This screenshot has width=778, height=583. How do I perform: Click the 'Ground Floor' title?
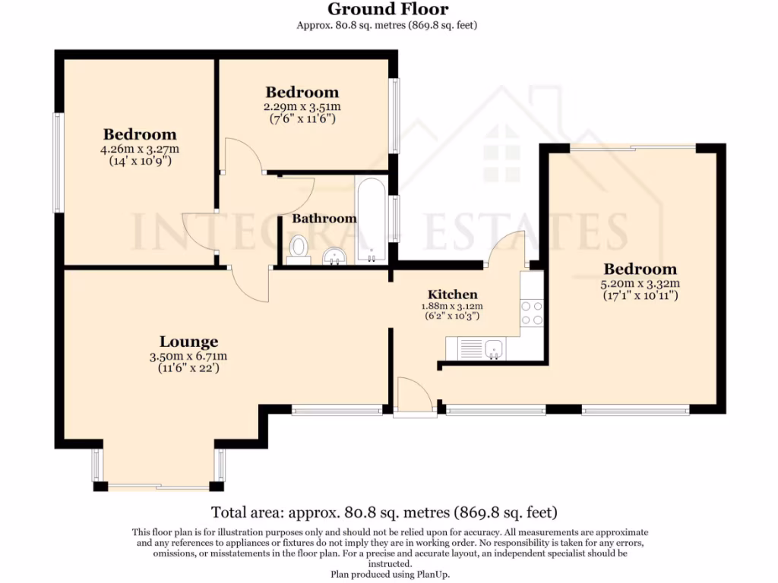[387, 10]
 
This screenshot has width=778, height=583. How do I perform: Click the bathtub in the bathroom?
[371, 220]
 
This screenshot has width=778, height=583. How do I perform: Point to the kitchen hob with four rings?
[532, 313]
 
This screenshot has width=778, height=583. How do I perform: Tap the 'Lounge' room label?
[188, 342]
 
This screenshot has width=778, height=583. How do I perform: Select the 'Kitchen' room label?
[453, 295]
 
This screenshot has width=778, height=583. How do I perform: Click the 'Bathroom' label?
[324, 219]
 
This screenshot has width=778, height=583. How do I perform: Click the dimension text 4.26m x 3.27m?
[140, 149]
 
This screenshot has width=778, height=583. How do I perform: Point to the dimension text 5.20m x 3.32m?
[640, 284]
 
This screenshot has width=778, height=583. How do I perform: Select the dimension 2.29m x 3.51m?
[302, 107]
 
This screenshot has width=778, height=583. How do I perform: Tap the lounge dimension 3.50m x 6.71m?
[188, 356]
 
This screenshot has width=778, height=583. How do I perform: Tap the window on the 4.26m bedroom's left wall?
[57, 162]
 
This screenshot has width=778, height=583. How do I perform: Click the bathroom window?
[394, 219]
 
